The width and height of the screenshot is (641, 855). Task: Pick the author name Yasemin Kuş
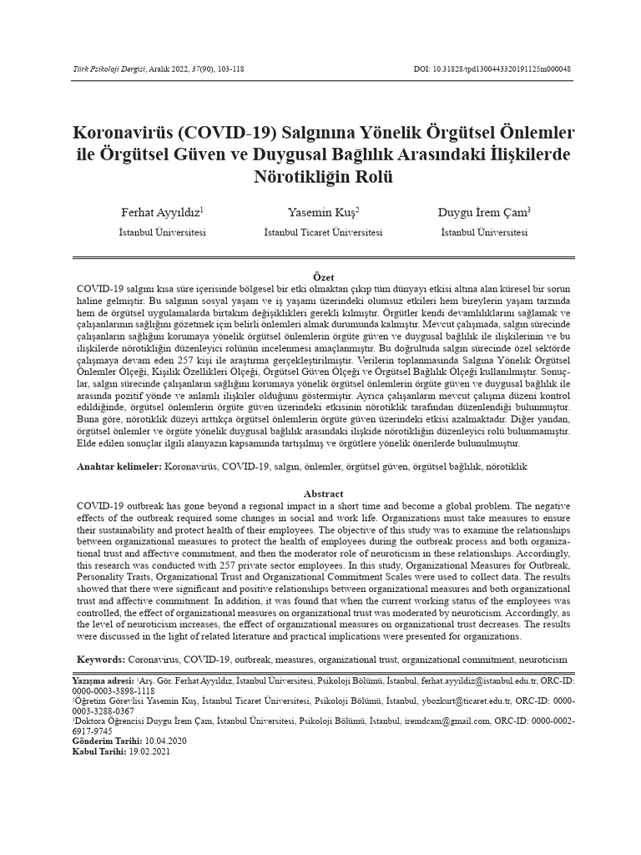click(322, 213)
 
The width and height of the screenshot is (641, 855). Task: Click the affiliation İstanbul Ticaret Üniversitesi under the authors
click(322, 232)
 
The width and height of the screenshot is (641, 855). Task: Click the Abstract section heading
click(323, 493)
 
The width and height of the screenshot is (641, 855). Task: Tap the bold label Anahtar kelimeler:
click(119, 466)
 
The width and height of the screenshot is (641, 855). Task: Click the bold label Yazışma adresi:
click(103, 682)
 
